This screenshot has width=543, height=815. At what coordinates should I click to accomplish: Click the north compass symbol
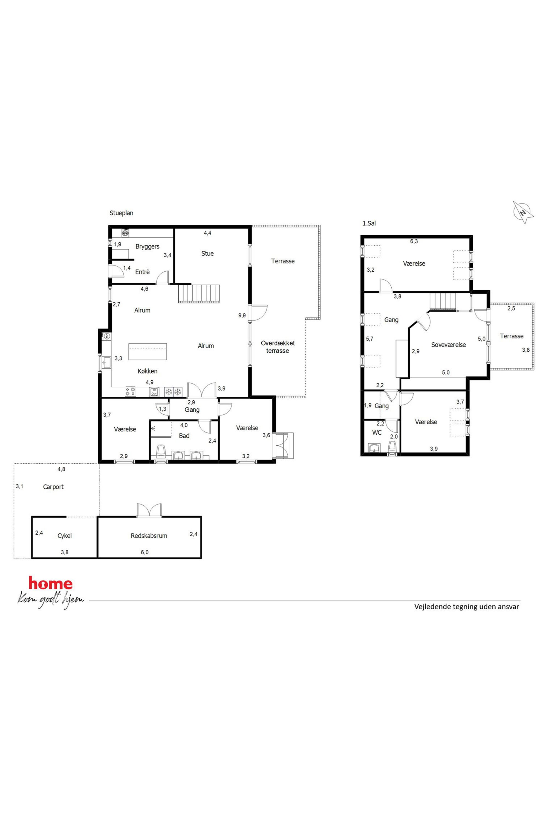click(524, 212)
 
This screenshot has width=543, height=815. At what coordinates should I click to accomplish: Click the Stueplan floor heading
click(121, 213)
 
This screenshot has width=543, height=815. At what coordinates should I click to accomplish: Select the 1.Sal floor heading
click(369, 223)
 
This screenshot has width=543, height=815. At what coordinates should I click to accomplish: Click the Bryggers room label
click(148, 247)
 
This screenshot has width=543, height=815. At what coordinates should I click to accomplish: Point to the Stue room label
click(207, 253)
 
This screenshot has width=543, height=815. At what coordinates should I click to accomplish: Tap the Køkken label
click(148, 371)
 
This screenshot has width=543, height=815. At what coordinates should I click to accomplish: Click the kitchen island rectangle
click(148, 352)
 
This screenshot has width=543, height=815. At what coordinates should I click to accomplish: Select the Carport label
click(53, 487)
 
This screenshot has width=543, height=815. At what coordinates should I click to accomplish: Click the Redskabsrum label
click(149, 536)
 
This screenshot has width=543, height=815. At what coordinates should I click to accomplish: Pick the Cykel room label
click(64, 536)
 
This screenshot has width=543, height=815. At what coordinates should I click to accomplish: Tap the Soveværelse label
click(449, 345)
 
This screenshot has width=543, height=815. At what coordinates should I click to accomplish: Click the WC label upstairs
click(377, 432)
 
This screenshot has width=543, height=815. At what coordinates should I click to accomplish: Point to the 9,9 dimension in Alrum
click(242, 315)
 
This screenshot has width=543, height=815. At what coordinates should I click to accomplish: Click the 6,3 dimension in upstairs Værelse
click(414, 241)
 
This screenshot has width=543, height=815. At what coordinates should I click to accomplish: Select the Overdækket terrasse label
click(278, 347)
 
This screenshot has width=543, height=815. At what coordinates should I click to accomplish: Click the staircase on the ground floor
click(199, 294)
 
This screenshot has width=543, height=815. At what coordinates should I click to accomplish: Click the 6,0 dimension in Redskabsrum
click(145, 552)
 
